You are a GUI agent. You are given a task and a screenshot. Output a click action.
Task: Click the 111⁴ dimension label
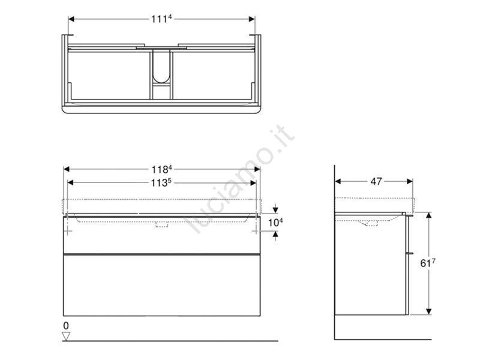(x=161, y=19)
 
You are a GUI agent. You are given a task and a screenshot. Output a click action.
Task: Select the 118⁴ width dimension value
(x=161, y=169)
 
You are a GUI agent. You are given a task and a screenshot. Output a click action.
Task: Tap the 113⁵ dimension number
(x=161, y=183)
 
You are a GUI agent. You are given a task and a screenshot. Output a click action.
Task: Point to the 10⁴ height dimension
(x=275, y=223)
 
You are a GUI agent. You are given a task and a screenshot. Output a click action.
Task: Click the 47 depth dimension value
(x=376, y=181)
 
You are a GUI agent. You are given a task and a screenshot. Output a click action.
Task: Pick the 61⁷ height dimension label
(x=428, y=263)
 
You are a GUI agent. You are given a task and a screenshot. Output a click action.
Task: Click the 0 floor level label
(x=66, y=326)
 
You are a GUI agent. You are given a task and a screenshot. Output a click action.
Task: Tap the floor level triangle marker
(x=66, y=336)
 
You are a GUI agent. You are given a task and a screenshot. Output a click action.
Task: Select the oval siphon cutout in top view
(x=161, y=67)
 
